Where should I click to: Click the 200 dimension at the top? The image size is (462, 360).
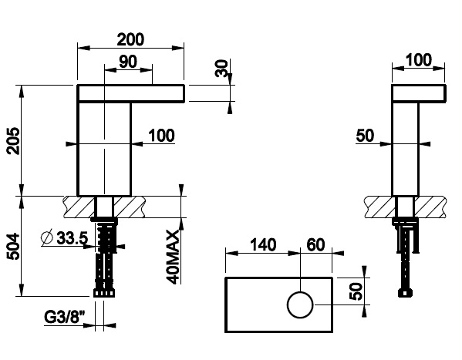[x=131, y=37]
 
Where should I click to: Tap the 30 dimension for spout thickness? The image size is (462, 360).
[x=223, y=69]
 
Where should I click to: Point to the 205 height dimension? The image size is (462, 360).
[x=13, y=140]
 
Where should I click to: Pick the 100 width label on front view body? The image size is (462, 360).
[x=161, y=136]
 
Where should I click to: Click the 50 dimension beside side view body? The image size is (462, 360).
[x=365, y=136]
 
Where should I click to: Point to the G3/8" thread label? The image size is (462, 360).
[x=61, y=316]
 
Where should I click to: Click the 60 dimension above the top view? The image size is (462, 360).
[x=315, y=245]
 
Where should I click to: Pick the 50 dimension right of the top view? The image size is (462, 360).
[x=356, y=292]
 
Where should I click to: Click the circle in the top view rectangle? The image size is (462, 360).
[x=301, y=306]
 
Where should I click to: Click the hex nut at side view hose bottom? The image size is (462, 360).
[x=404, y=293]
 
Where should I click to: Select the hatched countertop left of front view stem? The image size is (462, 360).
[x=77, y=207]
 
